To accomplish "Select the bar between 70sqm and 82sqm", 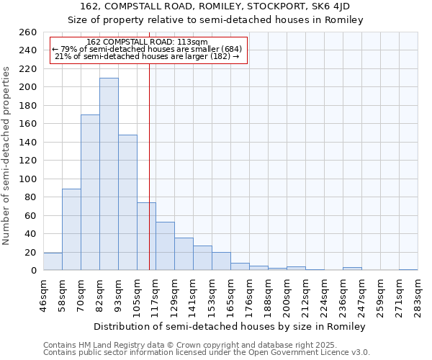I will pyautogui.click(x=90, y=192).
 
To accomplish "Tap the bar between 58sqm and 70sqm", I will pyautogui.click(x=71, y=229).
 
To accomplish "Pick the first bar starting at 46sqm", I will pyautogui.click(x=53, y=262).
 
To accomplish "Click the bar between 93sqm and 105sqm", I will pyautogui.click(x=127, y=202).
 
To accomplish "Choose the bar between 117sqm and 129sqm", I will pyautogui.click(x=165, y=246).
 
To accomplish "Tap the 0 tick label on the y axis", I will pyautogui.click(x=33, y=271).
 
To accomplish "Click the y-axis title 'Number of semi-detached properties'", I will pyautogui.click(x=7, y=156).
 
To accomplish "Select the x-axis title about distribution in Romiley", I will pyautogui.click(x=230, y=327).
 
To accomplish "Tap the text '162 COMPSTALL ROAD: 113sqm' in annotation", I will pyautogui.click(x=146, y=42).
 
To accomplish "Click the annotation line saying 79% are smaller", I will pyautogui.click(x=146, y=49).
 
